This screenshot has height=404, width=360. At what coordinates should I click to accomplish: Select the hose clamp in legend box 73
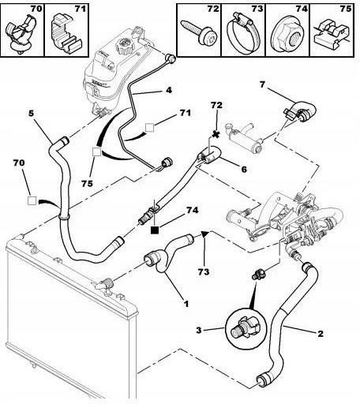pyautogui.click(x=244, y=33)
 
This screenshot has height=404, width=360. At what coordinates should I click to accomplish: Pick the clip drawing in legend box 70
pyautogui.click(x=22, y=34)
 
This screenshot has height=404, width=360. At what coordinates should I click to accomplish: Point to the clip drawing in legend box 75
pyautogui.click(x=332, y=33)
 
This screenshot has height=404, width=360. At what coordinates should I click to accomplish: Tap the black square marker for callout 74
pyautogui.click(x=155, y=230)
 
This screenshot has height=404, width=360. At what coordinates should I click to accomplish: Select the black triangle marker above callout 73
pyautogui.click(x=205, y=234)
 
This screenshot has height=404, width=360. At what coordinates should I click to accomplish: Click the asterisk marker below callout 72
pyautogui.click(x=216, y=134)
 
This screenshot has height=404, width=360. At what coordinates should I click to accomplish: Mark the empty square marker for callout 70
pyautogui.click(x=32, y=201)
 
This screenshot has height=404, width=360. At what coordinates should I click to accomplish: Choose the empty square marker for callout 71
pyautogui.click(x=150, y=128)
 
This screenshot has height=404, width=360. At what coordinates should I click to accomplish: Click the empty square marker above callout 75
pyautogui.click(x=96, y=151)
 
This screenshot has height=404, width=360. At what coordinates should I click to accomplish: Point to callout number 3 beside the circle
pyautogui.click(x=199, y=330)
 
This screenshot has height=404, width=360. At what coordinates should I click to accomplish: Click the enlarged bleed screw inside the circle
pyautogui.click(x=244, y=328)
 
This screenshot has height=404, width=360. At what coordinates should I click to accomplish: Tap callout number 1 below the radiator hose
pyautogui.click(x=186, y=304)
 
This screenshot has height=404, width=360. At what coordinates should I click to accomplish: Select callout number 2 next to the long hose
pyautogui.click(x=321, y=334)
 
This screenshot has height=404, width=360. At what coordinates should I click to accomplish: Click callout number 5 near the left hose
pyautogui.click(x=32, y=114)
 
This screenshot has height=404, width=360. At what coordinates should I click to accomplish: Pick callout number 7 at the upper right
pyautogui.click(x=262, y=84)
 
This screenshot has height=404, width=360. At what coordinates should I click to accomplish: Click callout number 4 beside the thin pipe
pyautogui.click(x=169, y=90)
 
